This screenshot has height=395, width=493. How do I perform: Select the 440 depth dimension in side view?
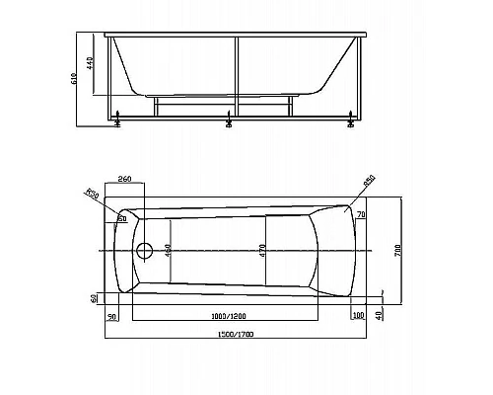[91, 65]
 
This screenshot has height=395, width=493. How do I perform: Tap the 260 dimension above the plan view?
[124, 180]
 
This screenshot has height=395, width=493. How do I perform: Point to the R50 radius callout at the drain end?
[92, 195]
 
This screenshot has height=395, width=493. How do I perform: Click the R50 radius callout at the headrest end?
[370, 181]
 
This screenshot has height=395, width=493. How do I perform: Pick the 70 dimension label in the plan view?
[362, 214]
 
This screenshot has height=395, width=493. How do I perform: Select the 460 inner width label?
[168, 250]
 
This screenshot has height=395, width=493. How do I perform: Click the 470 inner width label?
[262, 250]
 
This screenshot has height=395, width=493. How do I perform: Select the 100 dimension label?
[358, 315]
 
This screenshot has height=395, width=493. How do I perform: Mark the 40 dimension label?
[380, 314]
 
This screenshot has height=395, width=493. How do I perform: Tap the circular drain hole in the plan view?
[145, 251]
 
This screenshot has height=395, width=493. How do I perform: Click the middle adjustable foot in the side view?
[229, 122]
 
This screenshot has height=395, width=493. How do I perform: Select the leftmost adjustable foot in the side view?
[118, 122]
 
